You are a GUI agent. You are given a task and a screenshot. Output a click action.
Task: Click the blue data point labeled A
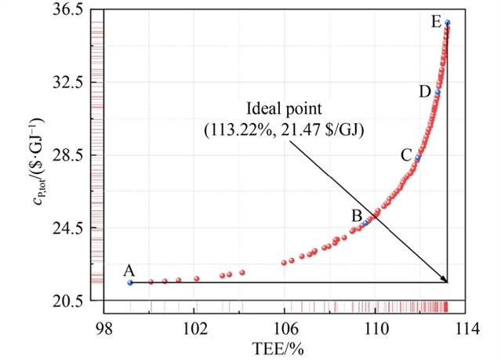[x=130, y=282]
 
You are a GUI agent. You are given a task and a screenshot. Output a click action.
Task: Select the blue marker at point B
[x=365, y=224]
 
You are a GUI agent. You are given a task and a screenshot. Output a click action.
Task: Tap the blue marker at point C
[x=418, y=158]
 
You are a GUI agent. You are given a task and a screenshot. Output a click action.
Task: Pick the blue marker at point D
[x=437, y=93]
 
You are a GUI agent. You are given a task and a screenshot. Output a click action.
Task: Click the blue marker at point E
[x=447, y=23]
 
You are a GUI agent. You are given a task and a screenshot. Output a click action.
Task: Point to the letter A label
[x=129, y=270]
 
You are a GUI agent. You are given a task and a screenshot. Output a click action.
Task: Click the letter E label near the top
[x=435, y=22]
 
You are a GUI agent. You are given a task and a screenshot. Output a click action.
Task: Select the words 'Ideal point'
[x=284, y=107]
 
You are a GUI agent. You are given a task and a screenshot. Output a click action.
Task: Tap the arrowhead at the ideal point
[x=445, y=280]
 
